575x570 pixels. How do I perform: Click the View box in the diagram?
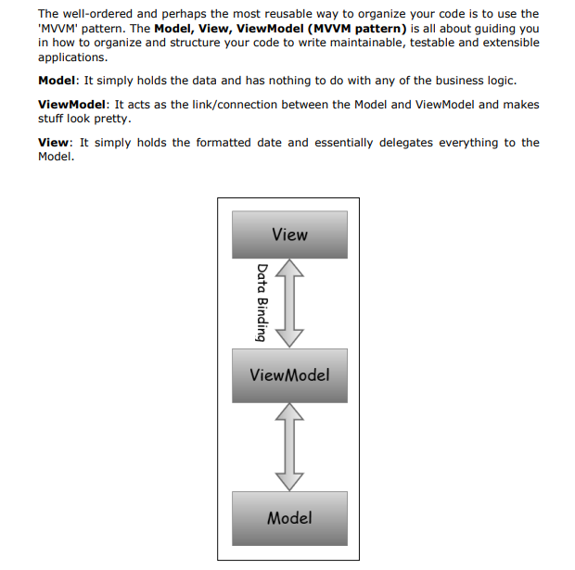click(289, 234)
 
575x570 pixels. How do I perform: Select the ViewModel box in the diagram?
click(289, 375)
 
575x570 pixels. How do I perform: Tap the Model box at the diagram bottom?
click(289, 517)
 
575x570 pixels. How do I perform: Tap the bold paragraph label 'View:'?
click(55, 143)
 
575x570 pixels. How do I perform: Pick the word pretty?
click(113, 119)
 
